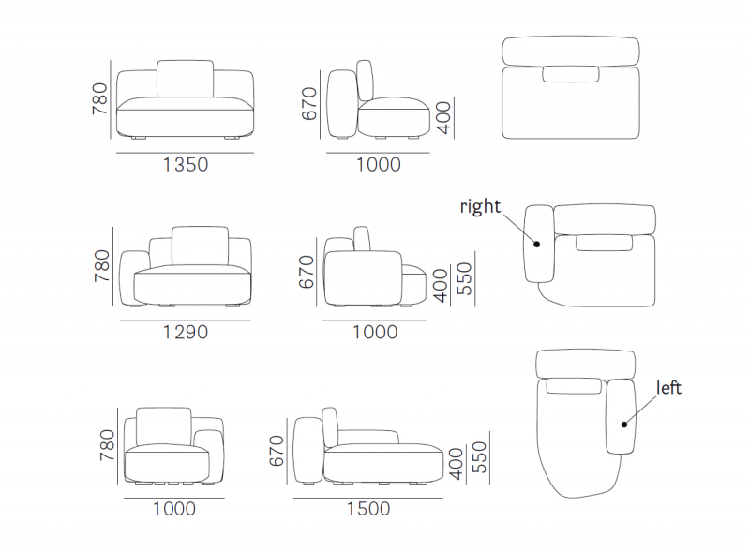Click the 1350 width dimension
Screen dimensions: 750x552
click(186, 165)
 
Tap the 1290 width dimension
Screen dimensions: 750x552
click(186, 332)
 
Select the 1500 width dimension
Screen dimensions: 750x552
click(368, 509)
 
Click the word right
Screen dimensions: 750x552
click(480, 206)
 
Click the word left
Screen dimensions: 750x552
click(668, 387)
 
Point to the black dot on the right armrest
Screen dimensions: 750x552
click(536, 244)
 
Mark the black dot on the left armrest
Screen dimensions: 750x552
click(624, 425)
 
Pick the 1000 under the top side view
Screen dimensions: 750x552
click(379, 165)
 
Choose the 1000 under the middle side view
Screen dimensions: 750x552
click(375, 332)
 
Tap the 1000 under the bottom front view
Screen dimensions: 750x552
click(174, 509)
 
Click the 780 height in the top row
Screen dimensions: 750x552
click(100, 98)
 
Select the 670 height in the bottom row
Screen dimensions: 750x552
click(277, 451)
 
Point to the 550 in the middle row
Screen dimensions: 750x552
click(464, 278)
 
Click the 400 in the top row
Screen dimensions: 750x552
click(443, 117)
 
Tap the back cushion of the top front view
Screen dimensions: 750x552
click(185, 79)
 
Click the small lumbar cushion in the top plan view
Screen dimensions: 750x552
click(571, 74)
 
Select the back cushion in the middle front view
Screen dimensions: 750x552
click(200, 246)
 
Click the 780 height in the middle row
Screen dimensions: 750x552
click(102, 265)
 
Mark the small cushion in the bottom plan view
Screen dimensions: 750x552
click(574, 386)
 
